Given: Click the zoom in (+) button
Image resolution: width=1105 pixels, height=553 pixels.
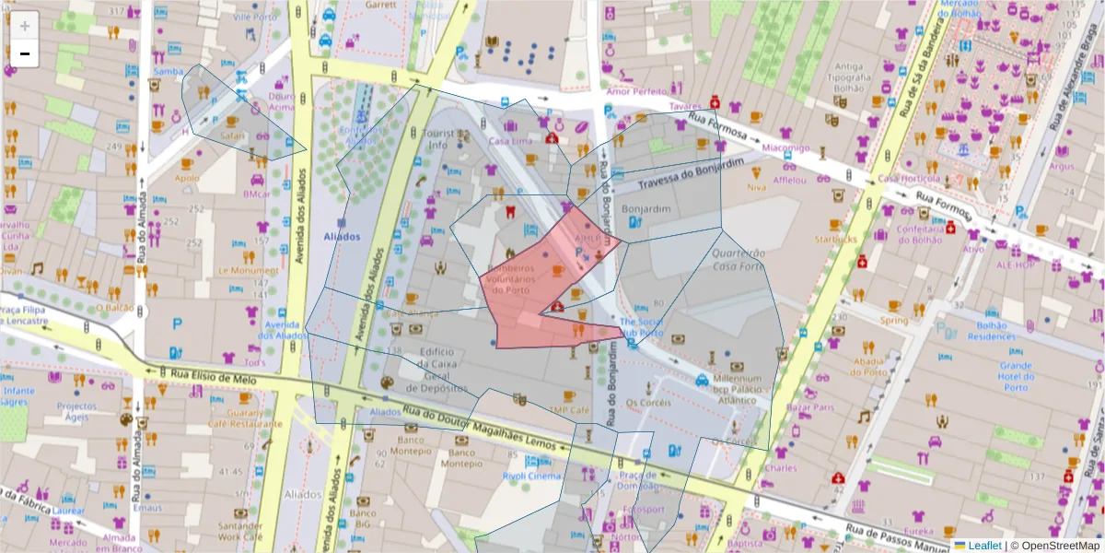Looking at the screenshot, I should point(25,25).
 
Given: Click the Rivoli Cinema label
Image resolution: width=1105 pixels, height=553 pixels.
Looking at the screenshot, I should point(531,476).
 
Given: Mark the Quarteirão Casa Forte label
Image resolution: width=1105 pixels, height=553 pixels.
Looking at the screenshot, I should point(739,259).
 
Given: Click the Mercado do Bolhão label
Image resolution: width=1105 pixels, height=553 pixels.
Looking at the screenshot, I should point(971,9).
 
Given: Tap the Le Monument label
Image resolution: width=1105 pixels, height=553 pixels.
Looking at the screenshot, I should point(248,271).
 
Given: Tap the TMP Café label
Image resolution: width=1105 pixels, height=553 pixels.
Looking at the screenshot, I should point(569,410).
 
